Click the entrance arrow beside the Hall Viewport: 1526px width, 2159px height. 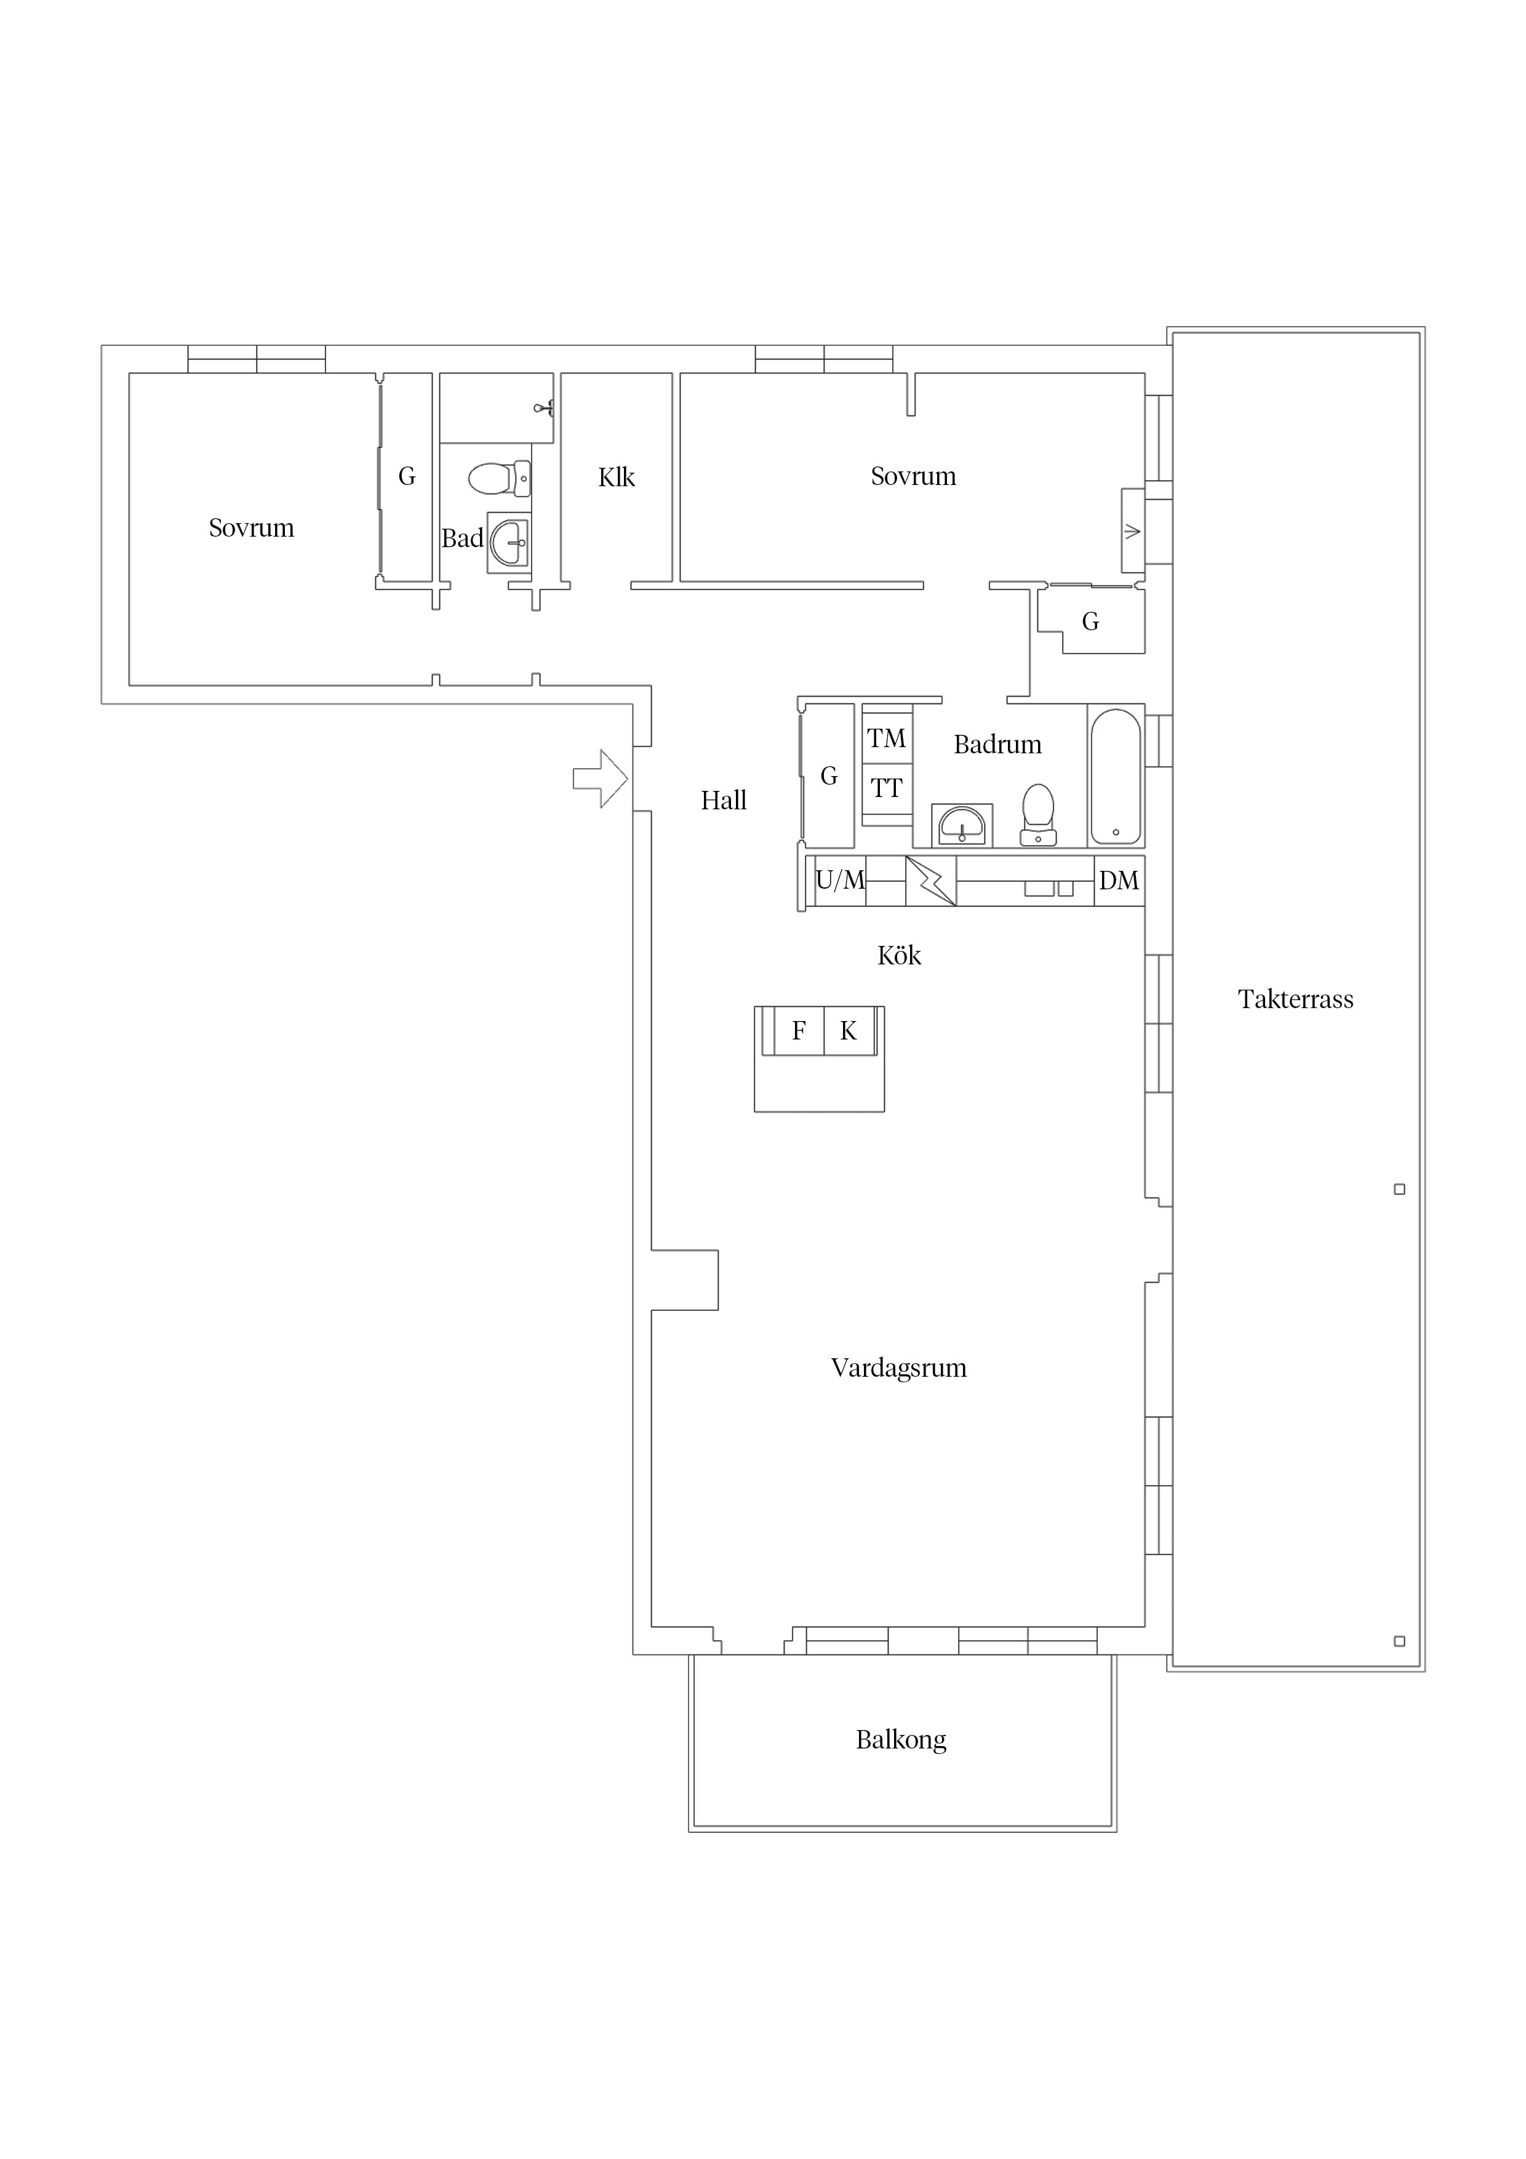click(x=600, y=779)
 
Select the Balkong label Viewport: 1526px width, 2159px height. click(x=901, y=1740)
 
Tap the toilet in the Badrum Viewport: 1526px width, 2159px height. click(x=1038, y=814)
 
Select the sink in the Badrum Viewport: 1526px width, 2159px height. click(x=962, y=825)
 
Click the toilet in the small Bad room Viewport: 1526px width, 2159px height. click(x=499, y=479)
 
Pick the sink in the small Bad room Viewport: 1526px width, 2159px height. click(x=509, y=543)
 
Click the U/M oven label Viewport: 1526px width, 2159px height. click(x=840, y=880)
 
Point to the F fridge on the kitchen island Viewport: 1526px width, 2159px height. click(x=798, y=1031)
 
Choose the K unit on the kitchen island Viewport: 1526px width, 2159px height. click(x=848, y=1031)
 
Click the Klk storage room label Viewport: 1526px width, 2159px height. click(x=617, y=478)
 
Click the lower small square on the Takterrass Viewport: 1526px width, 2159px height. click(x=1399, y=1641)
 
